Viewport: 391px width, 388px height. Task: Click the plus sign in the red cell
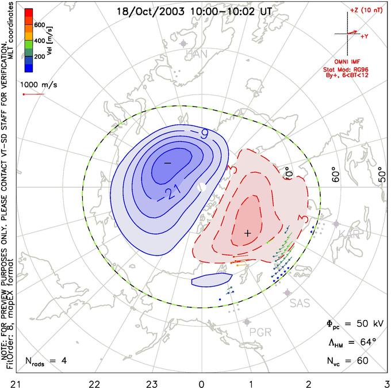247,233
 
